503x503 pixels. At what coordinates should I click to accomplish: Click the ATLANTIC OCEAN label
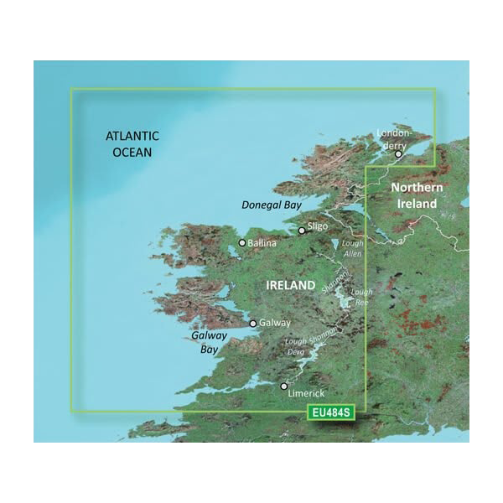tap(132, 143)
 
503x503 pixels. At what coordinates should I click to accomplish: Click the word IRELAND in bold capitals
tap(290, 286)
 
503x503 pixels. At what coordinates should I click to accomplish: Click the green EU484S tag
tap(329, 412)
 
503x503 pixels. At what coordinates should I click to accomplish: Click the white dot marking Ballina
tap(242, 243)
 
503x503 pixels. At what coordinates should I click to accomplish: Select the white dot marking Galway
tap(253, 322)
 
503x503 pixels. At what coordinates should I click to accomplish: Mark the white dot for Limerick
tap(284, 386)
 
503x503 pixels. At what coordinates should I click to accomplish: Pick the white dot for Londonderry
tap(399, 154)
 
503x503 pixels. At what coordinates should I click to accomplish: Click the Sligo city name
tap(318, 226)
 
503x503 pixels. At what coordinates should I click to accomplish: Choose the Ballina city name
tap(262, 243)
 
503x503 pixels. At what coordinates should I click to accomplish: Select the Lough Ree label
tap(361, 297)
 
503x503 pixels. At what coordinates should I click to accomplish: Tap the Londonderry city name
tap(392, 138)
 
